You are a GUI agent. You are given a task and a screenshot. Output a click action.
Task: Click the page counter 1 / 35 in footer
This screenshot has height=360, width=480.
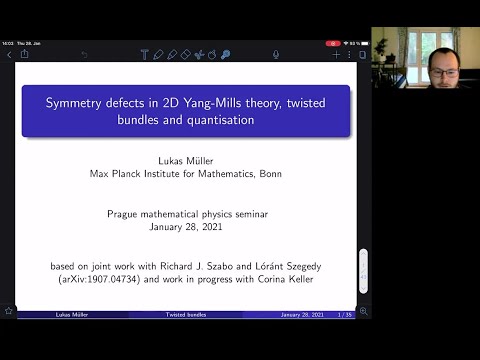tap(345, 314)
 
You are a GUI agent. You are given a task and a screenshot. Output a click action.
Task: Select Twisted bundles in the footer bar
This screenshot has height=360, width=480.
tap(186, 314)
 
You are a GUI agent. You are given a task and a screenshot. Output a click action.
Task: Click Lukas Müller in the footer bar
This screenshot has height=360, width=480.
tap(47, 314)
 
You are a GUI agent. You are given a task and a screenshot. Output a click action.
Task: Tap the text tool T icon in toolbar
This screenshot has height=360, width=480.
tap(144, 54)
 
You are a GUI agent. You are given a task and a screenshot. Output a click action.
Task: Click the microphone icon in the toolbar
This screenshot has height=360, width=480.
tap(226, 54)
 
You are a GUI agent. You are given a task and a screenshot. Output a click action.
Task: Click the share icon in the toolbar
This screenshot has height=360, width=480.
tap(25, 54)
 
